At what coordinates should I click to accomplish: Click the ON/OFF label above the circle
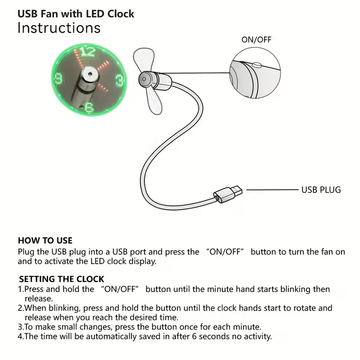256,40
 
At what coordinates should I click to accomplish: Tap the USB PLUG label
321,189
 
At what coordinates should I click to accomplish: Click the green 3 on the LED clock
120,81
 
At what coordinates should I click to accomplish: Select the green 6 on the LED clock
89,108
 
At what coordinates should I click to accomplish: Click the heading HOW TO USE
45,241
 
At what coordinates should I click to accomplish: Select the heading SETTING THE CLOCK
62,279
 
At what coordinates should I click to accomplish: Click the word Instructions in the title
59,28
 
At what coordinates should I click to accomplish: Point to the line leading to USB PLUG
272,190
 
